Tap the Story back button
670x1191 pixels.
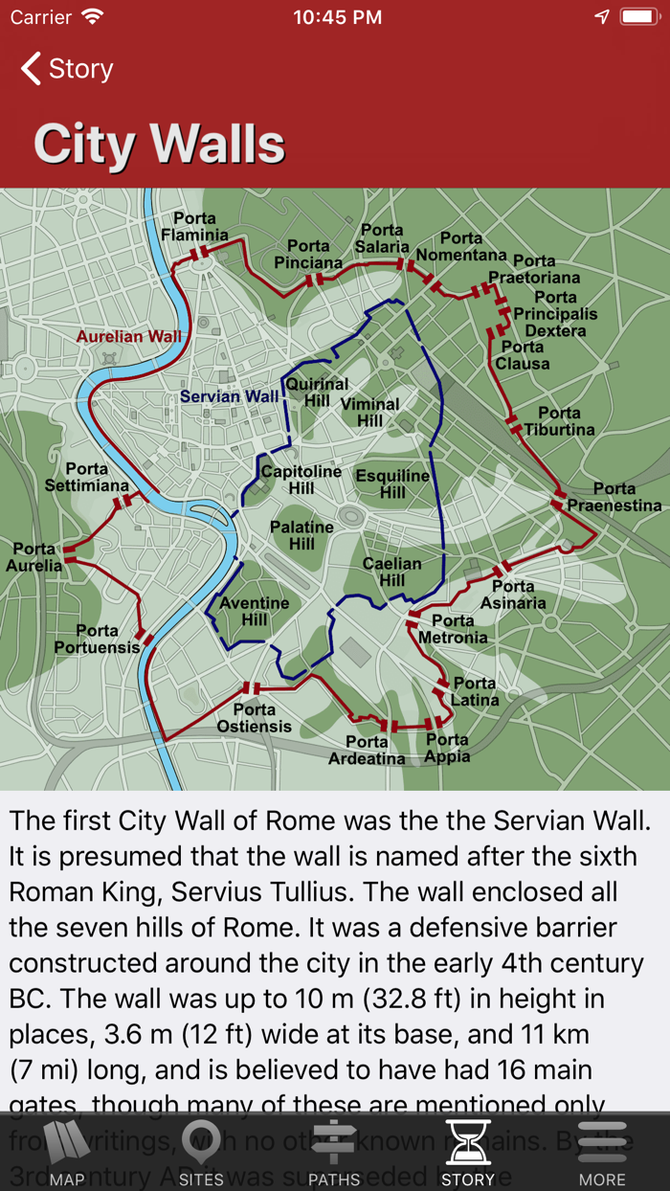67,69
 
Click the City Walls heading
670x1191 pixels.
159,145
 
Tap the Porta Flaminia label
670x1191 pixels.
194,227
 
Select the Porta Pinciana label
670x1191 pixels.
308,255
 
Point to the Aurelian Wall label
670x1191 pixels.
128,336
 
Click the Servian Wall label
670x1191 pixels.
230,396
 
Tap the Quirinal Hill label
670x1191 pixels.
317,393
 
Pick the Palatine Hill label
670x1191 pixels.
301,535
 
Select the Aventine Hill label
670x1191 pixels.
254,611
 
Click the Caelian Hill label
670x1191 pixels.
392,572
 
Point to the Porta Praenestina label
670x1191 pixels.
614,497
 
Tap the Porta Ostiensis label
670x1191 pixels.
254,718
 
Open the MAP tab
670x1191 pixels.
66,1153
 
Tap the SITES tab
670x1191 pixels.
200,1153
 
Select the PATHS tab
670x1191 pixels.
334,1153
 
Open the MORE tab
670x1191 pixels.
602,1153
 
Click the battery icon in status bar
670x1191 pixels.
638,17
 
